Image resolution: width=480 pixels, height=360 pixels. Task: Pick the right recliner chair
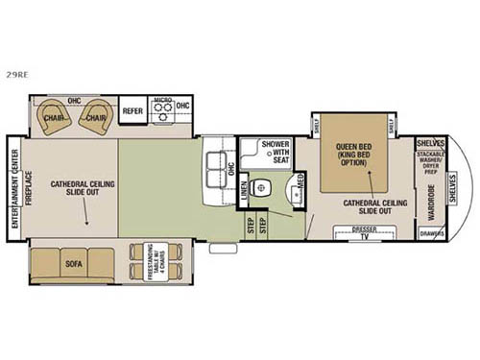coord(93,117)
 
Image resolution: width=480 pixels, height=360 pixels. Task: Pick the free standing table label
coord(151,260)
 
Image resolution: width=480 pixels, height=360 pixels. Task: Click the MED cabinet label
coord(300,179)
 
